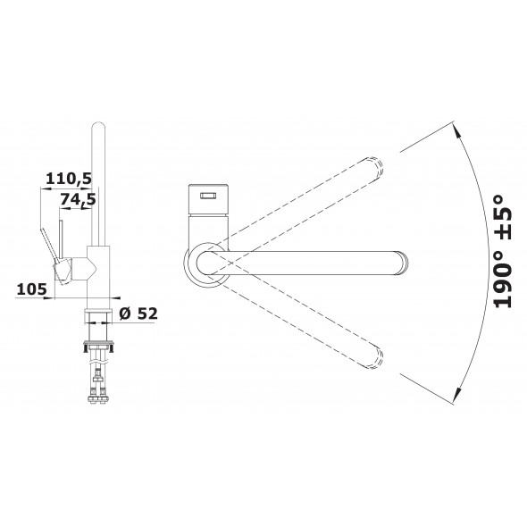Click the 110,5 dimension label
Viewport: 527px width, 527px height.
point(69,179)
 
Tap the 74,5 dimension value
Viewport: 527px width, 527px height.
point(78,199)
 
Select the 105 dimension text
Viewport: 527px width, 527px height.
point(31,289)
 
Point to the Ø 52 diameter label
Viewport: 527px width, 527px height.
point(138,314)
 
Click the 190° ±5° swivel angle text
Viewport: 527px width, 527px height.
point(503,251)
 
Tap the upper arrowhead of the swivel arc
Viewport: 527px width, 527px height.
point(456,130)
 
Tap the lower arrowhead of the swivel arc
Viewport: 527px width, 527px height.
point(456,395)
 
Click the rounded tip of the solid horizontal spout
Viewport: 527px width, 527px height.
point(403,263)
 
